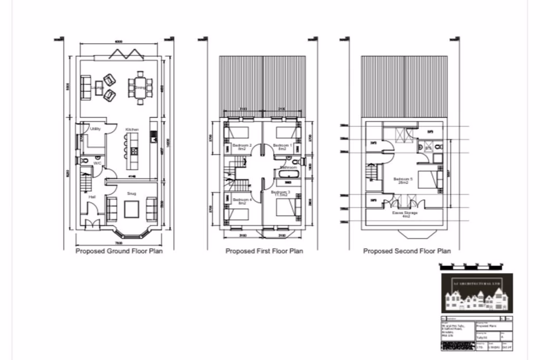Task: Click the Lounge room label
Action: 97,87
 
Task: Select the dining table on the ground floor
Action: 140,87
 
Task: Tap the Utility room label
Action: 95,130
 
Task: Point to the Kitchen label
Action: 132,130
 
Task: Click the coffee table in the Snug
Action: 132,208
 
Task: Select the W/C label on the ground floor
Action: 98,162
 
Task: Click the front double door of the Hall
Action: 94,224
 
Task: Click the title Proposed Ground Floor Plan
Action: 119,251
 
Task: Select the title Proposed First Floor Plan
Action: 264,251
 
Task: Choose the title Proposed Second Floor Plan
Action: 407,251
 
